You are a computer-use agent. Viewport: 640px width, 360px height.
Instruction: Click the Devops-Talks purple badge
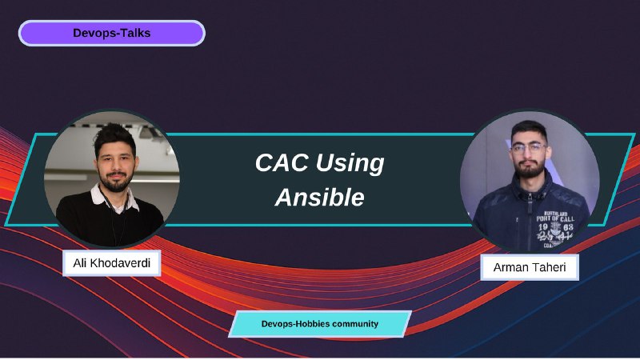111,33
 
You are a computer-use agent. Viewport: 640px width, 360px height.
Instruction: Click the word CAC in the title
282,162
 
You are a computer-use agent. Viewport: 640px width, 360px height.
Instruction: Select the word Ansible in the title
319,198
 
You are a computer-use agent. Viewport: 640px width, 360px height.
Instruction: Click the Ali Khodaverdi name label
111,263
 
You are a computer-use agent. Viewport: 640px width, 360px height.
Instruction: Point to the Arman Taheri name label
530,267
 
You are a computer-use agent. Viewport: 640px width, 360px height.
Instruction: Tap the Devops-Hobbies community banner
319,324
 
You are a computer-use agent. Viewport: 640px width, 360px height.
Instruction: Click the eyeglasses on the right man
530,147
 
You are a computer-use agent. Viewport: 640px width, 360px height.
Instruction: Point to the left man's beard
116,182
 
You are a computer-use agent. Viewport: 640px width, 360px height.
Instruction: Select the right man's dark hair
529,129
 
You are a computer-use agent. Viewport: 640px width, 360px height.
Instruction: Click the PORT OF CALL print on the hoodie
555,218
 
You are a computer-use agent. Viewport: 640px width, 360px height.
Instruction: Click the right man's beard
530,168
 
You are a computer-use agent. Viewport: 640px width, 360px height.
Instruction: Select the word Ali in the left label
79,263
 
